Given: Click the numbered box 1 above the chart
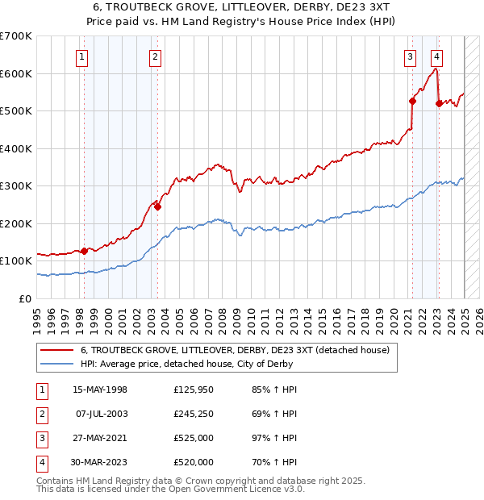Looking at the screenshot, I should coord(83,56).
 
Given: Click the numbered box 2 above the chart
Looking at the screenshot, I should coord(155,56).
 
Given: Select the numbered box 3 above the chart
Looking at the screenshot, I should coord(411,56).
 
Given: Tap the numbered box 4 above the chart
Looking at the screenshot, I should coord(436,56).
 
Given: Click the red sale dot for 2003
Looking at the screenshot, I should coord(157,206).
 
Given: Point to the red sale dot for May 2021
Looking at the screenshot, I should coord(412,102).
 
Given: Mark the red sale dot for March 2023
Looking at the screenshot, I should coord(439,103).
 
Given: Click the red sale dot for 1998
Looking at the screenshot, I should coord(84,251).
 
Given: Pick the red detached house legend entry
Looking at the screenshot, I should coord(235,350).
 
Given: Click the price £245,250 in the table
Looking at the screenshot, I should coord(194,415).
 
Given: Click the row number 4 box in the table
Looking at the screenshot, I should coord(41,463).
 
